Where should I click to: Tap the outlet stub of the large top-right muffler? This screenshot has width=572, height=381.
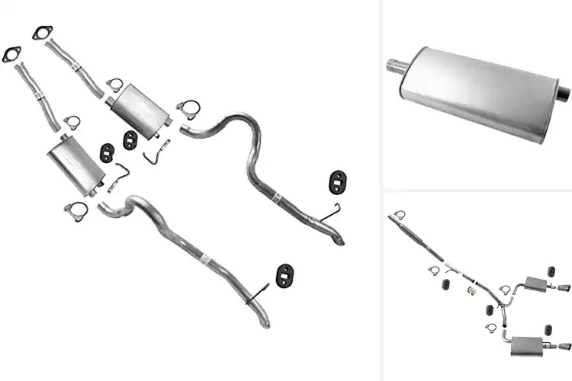point(563,94)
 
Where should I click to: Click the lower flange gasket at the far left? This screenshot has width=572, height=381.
point(11,55)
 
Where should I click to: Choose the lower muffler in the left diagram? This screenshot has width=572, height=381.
point(76,164)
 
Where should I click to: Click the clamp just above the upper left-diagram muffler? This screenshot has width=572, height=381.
point(115,84)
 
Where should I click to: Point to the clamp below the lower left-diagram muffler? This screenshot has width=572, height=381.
point(75,210)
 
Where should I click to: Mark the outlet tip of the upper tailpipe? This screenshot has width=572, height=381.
point(339,240)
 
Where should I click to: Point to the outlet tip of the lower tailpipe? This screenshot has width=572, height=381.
point(266,323)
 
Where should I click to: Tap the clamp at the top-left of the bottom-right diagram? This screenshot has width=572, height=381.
point(400,215)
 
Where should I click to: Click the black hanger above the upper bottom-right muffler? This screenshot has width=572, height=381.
point(551,271)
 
